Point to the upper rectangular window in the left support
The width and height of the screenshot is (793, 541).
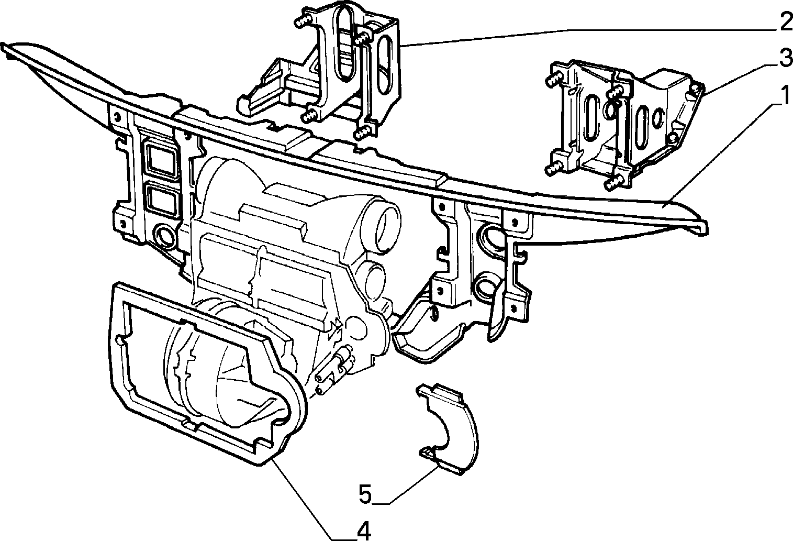tap(161, 160)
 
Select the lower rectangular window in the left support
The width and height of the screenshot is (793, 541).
tap(161, 199)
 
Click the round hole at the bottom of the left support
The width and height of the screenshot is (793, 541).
tap(163, 235)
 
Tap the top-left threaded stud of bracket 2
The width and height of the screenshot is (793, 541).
tap(302, 23)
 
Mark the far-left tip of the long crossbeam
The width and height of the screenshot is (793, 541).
tap(2, 45)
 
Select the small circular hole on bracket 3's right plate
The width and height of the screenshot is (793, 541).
tap(658, 118)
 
